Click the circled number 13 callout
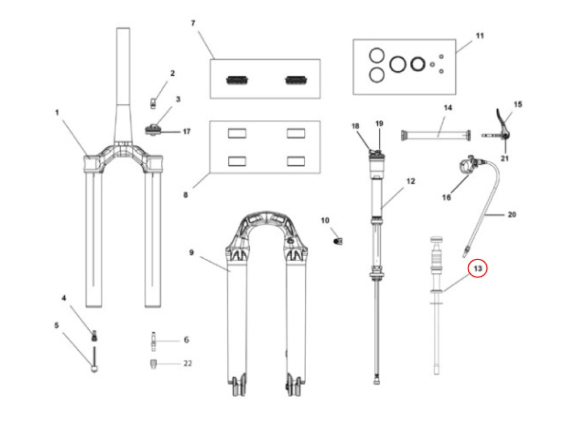pos(478,269)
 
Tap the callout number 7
pos(193,23)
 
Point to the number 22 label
pos(187,363)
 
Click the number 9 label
pos(191,252)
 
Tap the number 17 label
pos(187,131)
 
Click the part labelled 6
pos(152,340)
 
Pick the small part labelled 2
pos(153,100)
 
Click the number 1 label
pos(57,112)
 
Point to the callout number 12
pos(411,182)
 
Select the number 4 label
pos(64,297)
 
